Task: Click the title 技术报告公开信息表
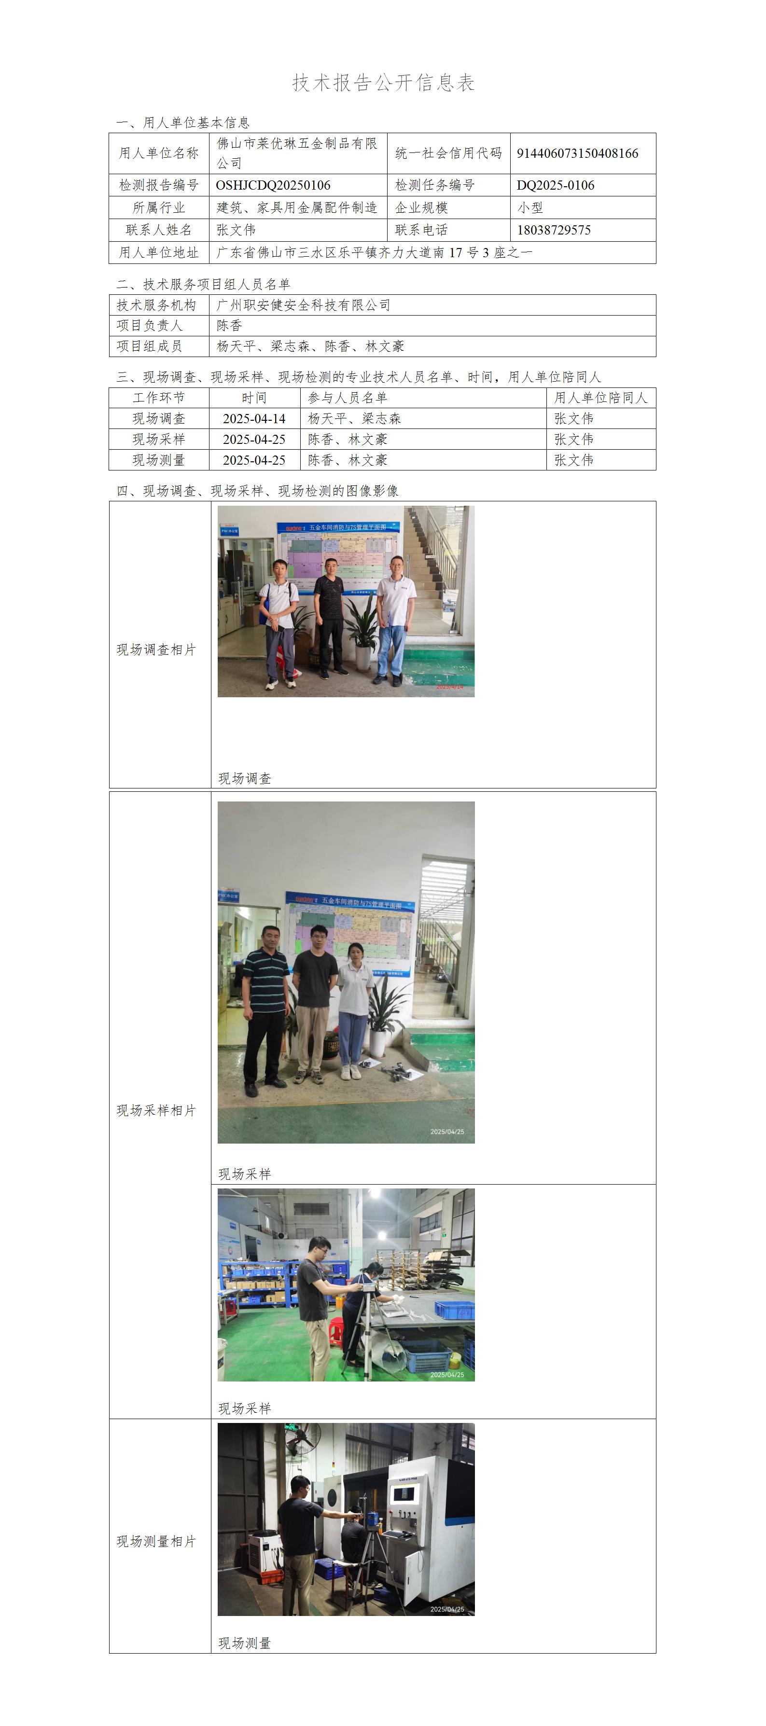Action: coord(383,83)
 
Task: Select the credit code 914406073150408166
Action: coord(577,153)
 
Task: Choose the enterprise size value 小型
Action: coord(530,207)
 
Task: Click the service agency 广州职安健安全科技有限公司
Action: coord(304,305)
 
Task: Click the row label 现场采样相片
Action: coord(157,1110)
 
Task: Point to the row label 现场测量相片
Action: coord(157,1541)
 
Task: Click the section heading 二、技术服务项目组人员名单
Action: coord(203,284)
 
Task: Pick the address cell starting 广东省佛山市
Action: coord(375,252)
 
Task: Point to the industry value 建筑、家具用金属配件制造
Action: coord(297,207)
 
